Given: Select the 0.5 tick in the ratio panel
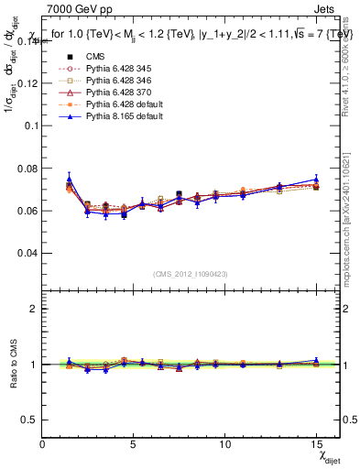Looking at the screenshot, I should [x=31, y=420].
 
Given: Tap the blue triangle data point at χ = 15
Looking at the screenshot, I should [x=316, y=180].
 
